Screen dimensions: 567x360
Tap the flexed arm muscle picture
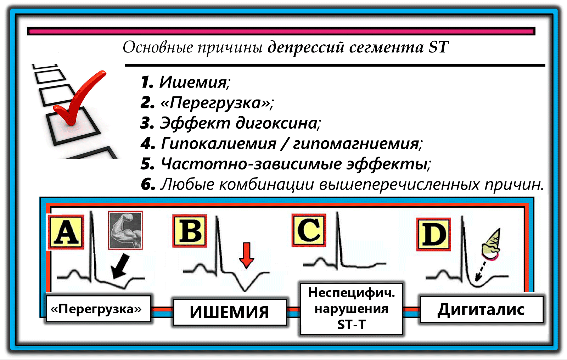tap(125, 230)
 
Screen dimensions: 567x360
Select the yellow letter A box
tap(66, 232)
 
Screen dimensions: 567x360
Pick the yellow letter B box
tap(190, 231)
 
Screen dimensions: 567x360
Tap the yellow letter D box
tap(433, 234)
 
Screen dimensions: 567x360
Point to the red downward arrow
tap(247, 255)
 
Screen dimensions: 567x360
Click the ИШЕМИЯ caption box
tap(230, 312)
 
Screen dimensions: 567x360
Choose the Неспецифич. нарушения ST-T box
tap(351, 309)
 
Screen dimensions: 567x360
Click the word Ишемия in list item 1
tap(193, 82)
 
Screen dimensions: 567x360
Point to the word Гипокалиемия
tap(219, 144)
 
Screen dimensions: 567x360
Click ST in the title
tap(438, 47)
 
